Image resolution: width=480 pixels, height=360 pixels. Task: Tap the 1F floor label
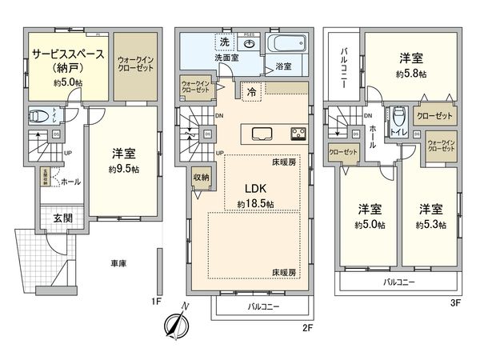(158, 302)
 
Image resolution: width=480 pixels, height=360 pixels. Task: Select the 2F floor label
(306, 327)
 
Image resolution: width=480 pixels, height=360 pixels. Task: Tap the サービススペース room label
(67, 54)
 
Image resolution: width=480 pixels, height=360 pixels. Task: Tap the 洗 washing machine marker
(224, 41)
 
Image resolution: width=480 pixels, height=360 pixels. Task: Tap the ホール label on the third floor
(374, 137)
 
